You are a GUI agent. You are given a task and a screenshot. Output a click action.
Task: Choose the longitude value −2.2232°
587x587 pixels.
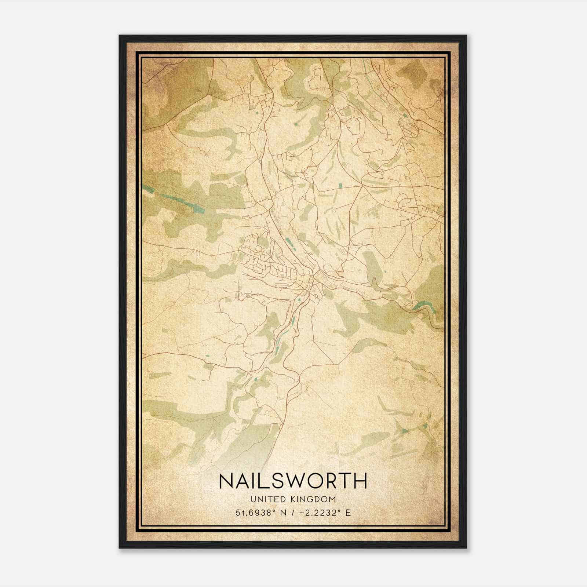tap(321, 513)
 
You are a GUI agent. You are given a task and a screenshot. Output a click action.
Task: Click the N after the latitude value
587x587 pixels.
tap(282, 513)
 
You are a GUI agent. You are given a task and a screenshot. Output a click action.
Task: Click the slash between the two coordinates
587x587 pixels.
tap(292, 513)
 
